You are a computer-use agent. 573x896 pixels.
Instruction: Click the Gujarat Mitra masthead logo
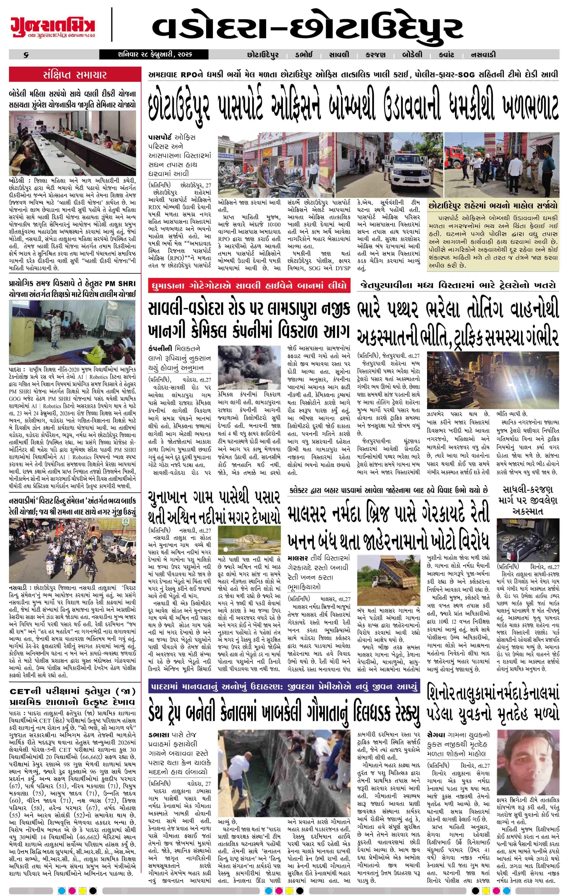click(x=52, y=25)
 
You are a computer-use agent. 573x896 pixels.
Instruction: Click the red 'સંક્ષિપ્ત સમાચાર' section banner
click(x=75, y=75)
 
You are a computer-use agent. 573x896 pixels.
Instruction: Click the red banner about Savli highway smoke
click(x=248, y=286)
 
